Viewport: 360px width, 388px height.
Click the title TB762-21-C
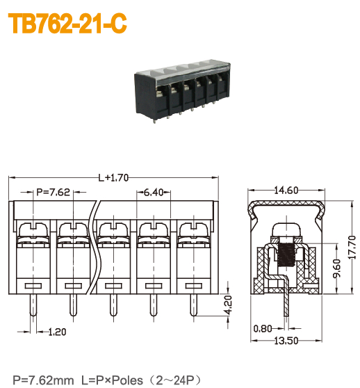(x=67, y=24)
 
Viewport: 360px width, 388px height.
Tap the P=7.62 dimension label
(x=53, y=193)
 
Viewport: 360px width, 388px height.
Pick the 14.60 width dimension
(x=286, y=190)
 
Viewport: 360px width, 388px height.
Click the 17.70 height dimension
(x=351, y=247)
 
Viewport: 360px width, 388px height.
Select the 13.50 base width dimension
(x=286, y=341)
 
